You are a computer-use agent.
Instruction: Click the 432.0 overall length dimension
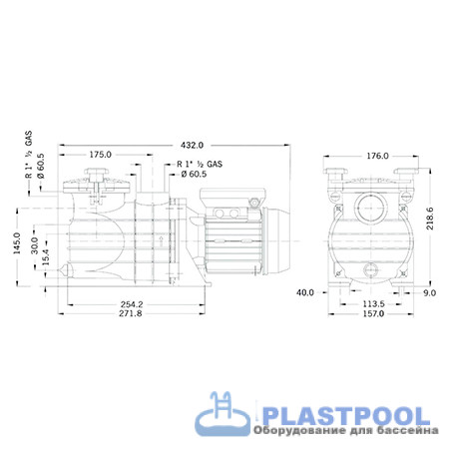[x=192, y=146]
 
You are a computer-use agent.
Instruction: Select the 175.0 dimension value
[x=101, y=155]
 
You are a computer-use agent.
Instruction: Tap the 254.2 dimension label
[x=132, y=304]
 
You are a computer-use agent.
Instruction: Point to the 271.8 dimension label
[x=131, y=313]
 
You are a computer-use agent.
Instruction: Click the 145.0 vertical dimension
[x=17, y=243]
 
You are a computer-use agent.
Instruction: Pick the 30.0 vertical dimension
[x=35, y=245]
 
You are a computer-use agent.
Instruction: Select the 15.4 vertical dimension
[x=45, y=257]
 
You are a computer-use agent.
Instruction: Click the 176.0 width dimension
[x=377, y=156]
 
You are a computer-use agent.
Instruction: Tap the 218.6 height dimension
[x=430, y=219]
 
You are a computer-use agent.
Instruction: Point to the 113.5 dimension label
[x=373, y=304]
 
